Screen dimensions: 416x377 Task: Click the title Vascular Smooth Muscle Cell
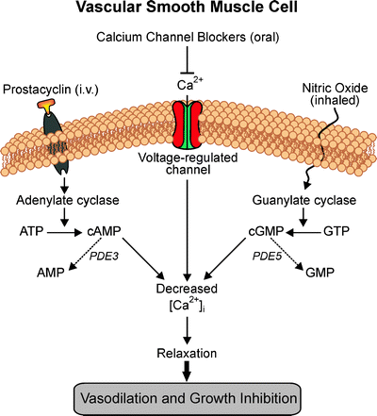pyautogui.click(x=188, y=12)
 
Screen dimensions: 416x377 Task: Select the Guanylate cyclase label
pyautogui.click(x=316, y=201)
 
